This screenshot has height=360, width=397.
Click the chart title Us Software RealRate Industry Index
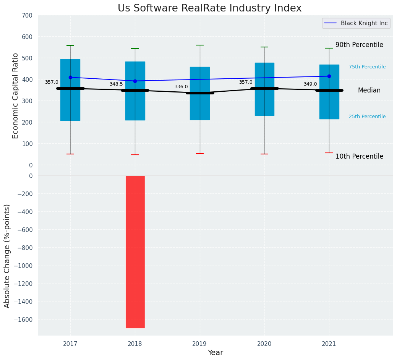tap(209, 8)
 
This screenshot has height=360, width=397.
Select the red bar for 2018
tap(135, 251)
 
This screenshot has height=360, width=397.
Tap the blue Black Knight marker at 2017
tap(70, 77)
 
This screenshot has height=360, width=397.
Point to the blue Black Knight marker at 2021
tap(329, 76)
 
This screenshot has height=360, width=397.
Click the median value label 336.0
tap(181, 87)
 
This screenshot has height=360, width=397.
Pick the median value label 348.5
tap(116, 84)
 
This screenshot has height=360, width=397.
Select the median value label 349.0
tap(310, 84)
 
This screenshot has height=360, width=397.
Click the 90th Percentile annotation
tap(359, 45)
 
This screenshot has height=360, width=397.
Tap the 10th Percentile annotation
tap(359, 156)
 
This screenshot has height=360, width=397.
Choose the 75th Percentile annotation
tap(367, 67)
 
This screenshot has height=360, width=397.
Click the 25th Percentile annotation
tap(367, 117)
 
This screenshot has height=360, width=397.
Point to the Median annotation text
tap(369, 91)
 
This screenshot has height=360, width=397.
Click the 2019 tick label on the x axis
tap(199, 344)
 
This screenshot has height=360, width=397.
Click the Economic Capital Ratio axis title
tap(16, 96)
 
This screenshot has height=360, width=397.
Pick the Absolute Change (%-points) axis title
tap(7, 256)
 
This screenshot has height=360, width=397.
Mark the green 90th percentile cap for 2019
tap(199, 45)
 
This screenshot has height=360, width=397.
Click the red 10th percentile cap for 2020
tap(264, 154)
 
